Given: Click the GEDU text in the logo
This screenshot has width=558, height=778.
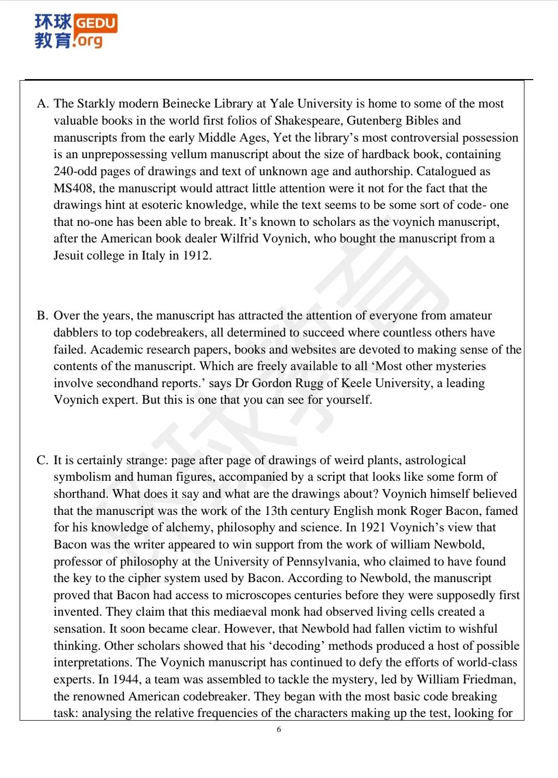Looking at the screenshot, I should pos(96,23).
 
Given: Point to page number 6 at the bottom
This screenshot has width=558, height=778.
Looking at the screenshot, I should pos(279,729).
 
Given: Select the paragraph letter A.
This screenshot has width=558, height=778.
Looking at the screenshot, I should pos(42,104).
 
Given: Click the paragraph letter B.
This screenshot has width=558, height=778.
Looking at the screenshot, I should pos(42,316).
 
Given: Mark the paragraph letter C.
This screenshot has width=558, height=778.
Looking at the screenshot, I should pos(42,461).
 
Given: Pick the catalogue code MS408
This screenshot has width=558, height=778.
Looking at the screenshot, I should pos(73,189).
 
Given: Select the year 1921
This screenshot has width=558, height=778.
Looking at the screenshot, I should pos(373,528).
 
